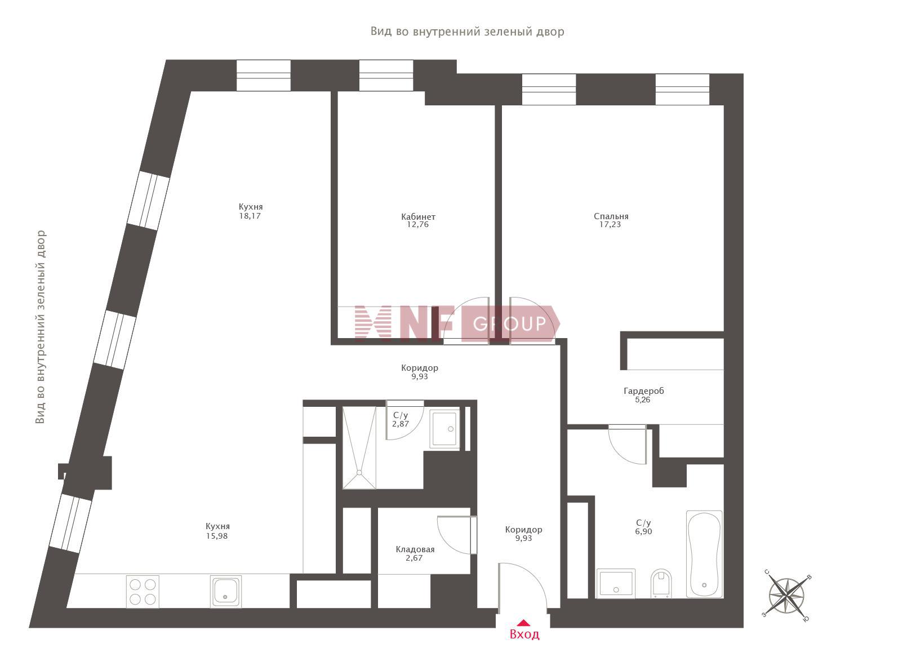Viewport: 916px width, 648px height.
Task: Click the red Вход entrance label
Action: [x=524, y=634]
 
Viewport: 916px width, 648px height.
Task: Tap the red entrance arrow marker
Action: [x=523, y=623]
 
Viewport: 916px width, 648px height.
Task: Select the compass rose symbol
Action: [x=786, y=596]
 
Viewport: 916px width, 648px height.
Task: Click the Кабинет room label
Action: [x=418, y=216]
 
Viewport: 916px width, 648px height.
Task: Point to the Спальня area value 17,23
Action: [x=610, y=224]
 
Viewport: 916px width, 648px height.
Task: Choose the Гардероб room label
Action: [x=644, y=391]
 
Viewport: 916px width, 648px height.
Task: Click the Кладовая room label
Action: [x=415, y=549]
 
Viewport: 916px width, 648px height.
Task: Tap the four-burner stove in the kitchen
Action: [x=143, y=592]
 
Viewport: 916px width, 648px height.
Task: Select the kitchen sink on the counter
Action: [x=225, y=592]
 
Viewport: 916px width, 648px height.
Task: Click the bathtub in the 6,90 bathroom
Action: [x=704, y=554]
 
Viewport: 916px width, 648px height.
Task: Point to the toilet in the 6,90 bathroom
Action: [x=661, y=583]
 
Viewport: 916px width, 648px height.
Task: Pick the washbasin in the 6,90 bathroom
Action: [x=616, y=583]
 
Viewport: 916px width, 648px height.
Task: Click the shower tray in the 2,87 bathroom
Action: [x=359, y=447]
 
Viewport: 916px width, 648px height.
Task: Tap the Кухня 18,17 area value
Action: [x=250, y=216]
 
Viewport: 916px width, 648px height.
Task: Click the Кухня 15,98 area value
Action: [x=217, y=536]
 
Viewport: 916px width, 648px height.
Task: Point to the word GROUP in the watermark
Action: [x=509, y=323]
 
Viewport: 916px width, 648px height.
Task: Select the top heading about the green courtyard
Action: [x=467, y=32]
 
